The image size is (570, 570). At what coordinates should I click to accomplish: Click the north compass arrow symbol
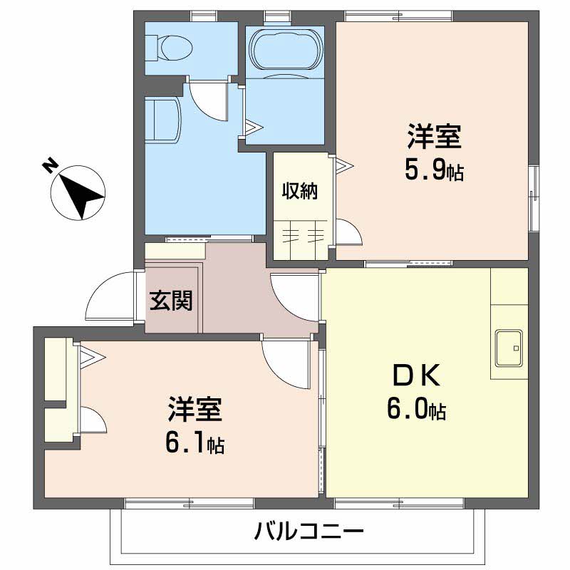coord(78,191)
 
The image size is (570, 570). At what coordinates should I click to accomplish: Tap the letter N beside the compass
coord(49,166)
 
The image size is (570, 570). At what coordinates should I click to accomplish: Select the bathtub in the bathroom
coord(285,51)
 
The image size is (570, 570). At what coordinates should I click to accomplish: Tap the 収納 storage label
coord(299,191)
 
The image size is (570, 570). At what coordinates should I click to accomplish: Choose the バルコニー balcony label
coord(309,532)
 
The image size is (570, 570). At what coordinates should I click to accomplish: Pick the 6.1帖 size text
coord(195,444)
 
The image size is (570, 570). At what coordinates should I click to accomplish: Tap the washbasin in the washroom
coord(161,120)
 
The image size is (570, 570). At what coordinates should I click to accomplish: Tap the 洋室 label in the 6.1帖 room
coord(195,410)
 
